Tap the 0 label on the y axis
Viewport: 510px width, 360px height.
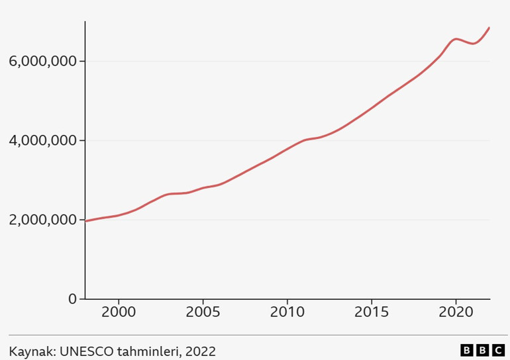(x=73, y=299)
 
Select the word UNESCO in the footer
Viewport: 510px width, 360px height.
(x=86, y=351)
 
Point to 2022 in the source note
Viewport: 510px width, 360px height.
(x=201, y=351)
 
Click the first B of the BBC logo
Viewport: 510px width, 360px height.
(x=466, y=350)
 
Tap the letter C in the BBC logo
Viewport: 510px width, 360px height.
(x=499, y=350)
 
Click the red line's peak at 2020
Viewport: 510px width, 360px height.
(x=456, y=39)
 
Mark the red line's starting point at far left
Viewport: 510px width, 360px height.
(x=86, y=221)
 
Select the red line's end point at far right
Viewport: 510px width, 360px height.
(x=489, y=28)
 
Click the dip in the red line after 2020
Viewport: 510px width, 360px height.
(x=473, y=44)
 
